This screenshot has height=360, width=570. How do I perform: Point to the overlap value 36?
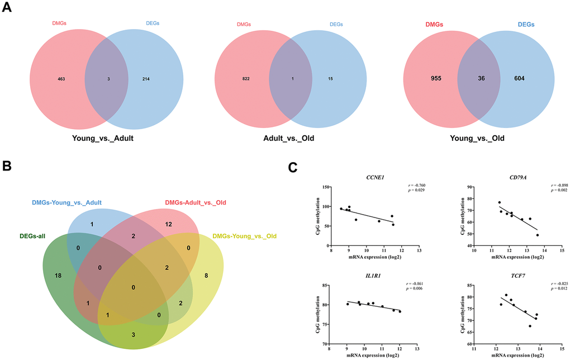coord(477,78)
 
